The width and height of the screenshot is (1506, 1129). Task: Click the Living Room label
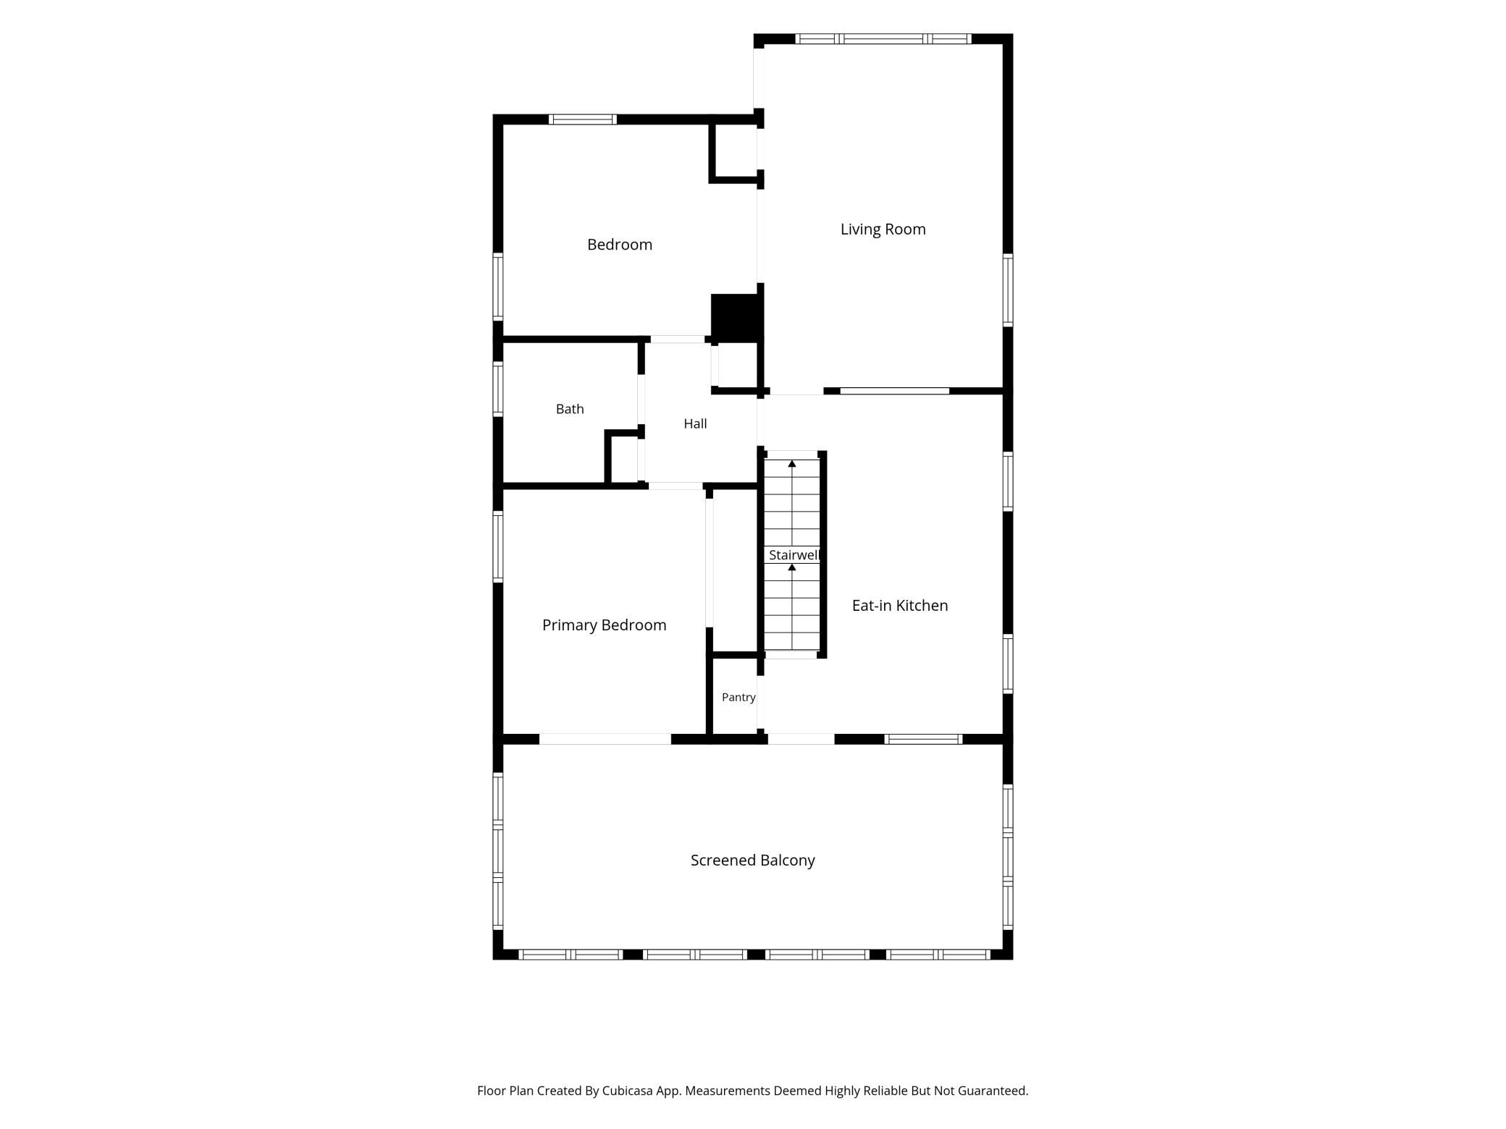[x=883, y=229]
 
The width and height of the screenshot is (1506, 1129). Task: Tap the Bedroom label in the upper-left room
[x=620, y=245]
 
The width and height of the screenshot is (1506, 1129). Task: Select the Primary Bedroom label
[x=604, y=625]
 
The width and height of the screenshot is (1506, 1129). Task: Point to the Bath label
[x=570, y=409]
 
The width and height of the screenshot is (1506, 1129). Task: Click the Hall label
[x=695, y=423]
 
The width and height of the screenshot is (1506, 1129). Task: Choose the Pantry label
[x=739, y=697]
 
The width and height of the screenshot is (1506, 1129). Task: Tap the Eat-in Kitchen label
[x=900, y=606]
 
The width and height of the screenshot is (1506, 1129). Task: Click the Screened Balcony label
[x=752, y=861]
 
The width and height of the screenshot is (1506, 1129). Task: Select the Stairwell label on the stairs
[x=794, y=555]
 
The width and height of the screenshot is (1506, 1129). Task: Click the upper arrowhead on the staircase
[x=792, y=463]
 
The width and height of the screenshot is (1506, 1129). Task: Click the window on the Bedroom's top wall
[x=582, y=119]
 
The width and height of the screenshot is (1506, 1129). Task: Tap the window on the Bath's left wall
[x=498, y=389]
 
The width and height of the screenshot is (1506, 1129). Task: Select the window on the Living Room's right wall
[x=1008, y=289]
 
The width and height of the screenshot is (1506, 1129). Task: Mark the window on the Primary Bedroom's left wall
[x=498, y=546]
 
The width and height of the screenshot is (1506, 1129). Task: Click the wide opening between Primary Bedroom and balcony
[x=605, y=739]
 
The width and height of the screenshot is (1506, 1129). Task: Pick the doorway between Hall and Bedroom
[x=678, y=339]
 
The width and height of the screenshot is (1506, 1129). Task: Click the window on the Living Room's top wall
[x=883, y=38]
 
